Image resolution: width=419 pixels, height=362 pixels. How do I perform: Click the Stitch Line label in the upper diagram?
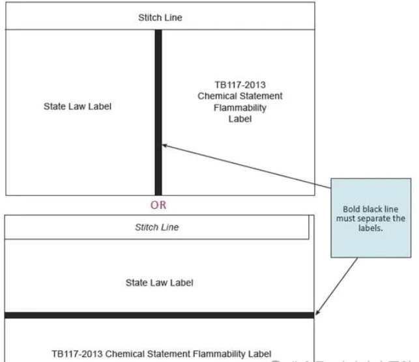160,18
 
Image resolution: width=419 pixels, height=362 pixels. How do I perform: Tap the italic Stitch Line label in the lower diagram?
156,227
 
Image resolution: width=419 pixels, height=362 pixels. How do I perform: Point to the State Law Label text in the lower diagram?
160,283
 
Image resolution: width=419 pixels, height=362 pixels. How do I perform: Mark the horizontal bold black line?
160,315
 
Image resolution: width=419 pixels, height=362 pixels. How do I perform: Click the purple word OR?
158,204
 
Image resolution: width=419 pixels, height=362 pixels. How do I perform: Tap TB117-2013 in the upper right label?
240,85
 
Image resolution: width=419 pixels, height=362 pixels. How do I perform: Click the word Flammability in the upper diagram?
240,108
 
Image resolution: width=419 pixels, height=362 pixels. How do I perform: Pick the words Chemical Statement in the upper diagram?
240,96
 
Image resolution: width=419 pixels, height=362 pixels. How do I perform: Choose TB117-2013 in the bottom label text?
73,354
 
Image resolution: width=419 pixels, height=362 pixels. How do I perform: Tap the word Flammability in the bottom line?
218,354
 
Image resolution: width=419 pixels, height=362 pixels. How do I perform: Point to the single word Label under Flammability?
240,120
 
